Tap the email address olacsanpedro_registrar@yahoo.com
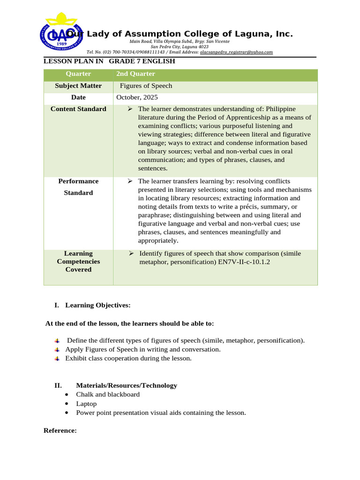tap(236, 52)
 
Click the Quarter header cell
tap(78, 74)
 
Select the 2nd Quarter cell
tap(135, 74)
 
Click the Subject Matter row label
tap(78, 86)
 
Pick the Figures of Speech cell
tap(146, 86)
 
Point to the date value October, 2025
tap(137, 97)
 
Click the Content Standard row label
tap(78, 109)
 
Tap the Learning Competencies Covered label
tap(78, 262)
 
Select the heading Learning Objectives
tap(97, 305)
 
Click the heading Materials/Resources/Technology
tap(127, 385)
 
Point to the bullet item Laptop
tap(86, 404)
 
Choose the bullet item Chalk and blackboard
tap(108, 394)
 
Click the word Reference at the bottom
tap(60, 430)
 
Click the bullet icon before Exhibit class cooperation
tap(57, 359)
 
